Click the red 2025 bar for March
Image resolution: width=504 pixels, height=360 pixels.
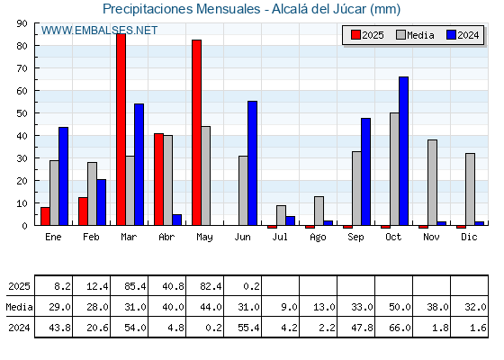[121, 130]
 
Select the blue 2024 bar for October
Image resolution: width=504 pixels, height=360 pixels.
[404, 151]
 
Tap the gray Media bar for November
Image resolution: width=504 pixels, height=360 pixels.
[432, 183]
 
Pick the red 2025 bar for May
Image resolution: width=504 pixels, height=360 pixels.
[197, 132]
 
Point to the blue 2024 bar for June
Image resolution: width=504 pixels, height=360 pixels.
[252, 163]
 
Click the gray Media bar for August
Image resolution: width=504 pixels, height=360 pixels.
[319, 211]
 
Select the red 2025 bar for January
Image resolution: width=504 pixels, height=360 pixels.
[45, 216]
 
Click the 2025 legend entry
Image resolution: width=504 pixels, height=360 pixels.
[367, 35]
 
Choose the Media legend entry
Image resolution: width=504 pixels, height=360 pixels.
[415, 35]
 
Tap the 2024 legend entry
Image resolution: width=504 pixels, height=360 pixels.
[463, 35]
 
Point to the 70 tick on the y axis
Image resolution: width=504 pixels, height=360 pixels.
[22, 68]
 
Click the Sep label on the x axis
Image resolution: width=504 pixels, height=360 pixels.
[355, 237]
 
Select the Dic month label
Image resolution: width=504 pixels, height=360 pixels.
[469, 237]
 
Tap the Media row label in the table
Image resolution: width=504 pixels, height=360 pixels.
[19, 307]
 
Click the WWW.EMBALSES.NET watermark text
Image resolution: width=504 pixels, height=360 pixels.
[99, 31]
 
